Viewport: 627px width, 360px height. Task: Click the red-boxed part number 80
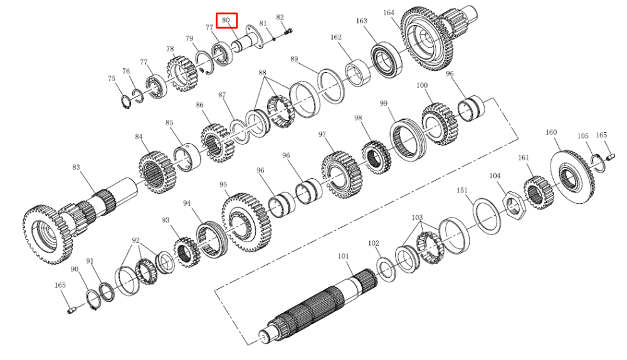coord(226,20)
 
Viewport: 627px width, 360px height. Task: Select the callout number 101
coord(344,257)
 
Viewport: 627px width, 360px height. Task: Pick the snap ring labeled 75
coord(127,102)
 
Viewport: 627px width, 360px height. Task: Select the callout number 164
coord(389,13)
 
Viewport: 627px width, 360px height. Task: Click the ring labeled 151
coord(487,216)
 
